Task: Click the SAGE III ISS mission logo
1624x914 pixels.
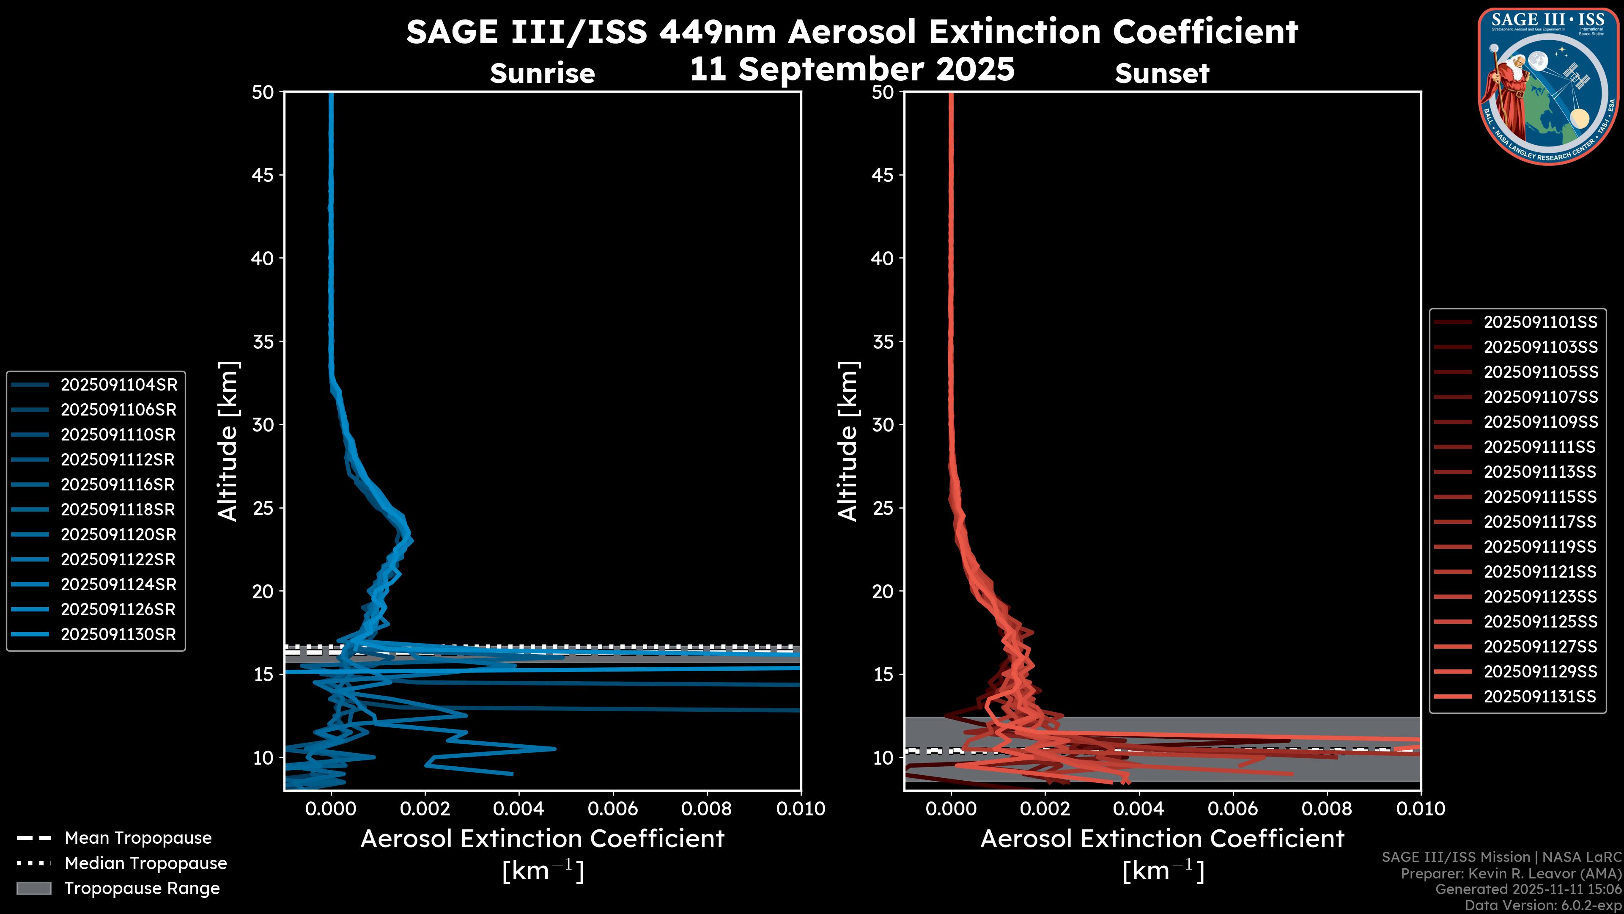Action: (1548, 86)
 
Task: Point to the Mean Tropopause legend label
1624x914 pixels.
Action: (138, 838)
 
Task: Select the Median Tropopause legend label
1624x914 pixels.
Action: (145, 864)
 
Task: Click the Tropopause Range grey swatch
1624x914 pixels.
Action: (33, 889)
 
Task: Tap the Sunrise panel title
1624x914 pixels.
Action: (542, 74)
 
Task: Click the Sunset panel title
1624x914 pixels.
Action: (1162, 74)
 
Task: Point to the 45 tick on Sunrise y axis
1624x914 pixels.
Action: (263, 175)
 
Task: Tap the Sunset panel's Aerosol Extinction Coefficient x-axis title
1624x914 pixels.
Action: (1162, 839)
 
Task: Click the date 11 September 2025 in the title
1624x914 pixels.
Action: (852, 69)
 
